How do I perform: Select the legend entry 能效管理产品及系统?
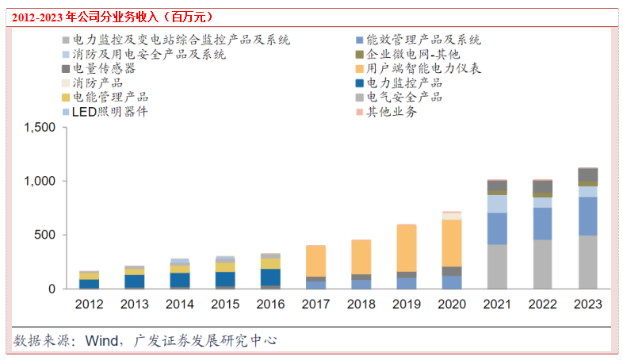(423, 40)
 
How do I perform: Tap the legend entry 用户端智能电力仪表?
(423, 69)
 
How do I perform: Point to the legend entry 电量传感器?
(104, 69)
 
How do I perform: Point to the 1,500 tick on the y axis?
(41, 128)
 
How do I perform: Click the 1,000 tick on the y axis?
(41, 182)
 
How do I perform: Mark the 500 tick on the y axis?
(46, 236)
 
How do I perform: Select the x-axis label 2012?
(89, 304)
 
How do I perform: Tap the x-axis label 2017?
(315, 304)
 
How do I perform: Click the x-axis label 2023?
(587, 304)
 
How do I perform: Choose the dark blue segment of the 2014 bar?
(180, 280)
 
